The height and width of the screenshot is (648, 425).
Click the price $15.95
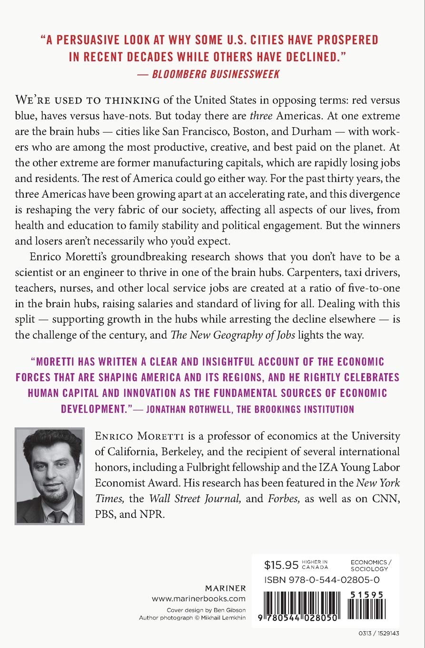(281, 565)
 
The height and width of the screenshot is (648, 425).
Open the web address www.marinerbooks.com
(198, 599)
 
